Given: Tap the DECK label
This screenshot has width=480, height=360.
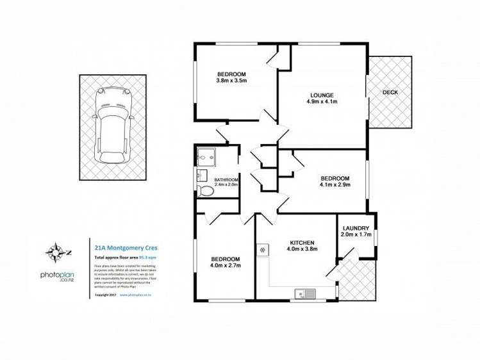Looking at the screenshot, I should click(x=390, y=92).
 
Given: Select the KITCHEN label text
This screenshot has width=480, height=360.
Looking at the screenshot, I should click(x=301, y=243).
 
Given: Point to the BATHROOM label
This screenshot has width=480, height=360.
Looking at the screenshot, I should click(x=226, y=180).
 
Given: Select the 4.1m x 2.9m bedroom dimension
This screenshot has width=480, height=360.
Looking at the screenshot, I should click(x=335, y=185).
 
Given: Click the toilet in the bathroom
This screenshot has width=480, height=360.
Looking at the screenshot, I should click(x=206, y=191).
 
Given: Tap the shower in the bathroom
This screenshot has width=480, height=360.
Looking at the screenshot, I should click(x=207, y=155).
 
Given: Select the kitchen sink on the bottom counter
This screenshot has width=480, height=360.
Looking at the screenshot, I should click(x=303, y=293).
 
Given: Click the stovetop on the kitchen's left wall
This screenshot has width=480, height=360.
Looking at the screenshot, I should click(x=262, y=250).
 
